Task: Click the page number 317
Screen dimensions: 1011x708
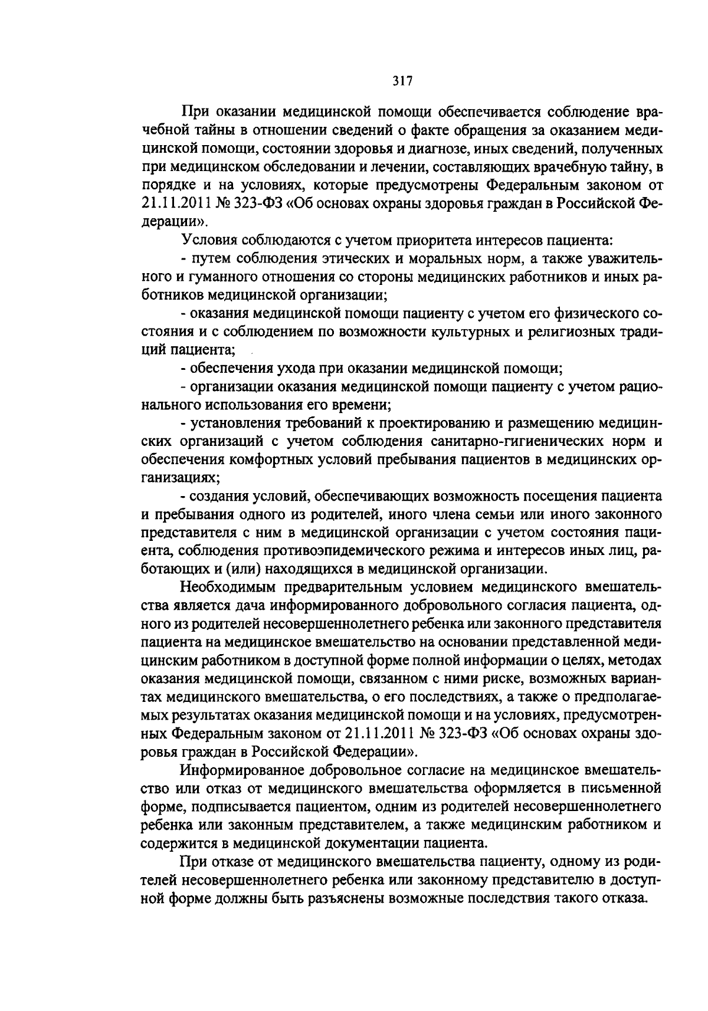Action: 402,81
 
